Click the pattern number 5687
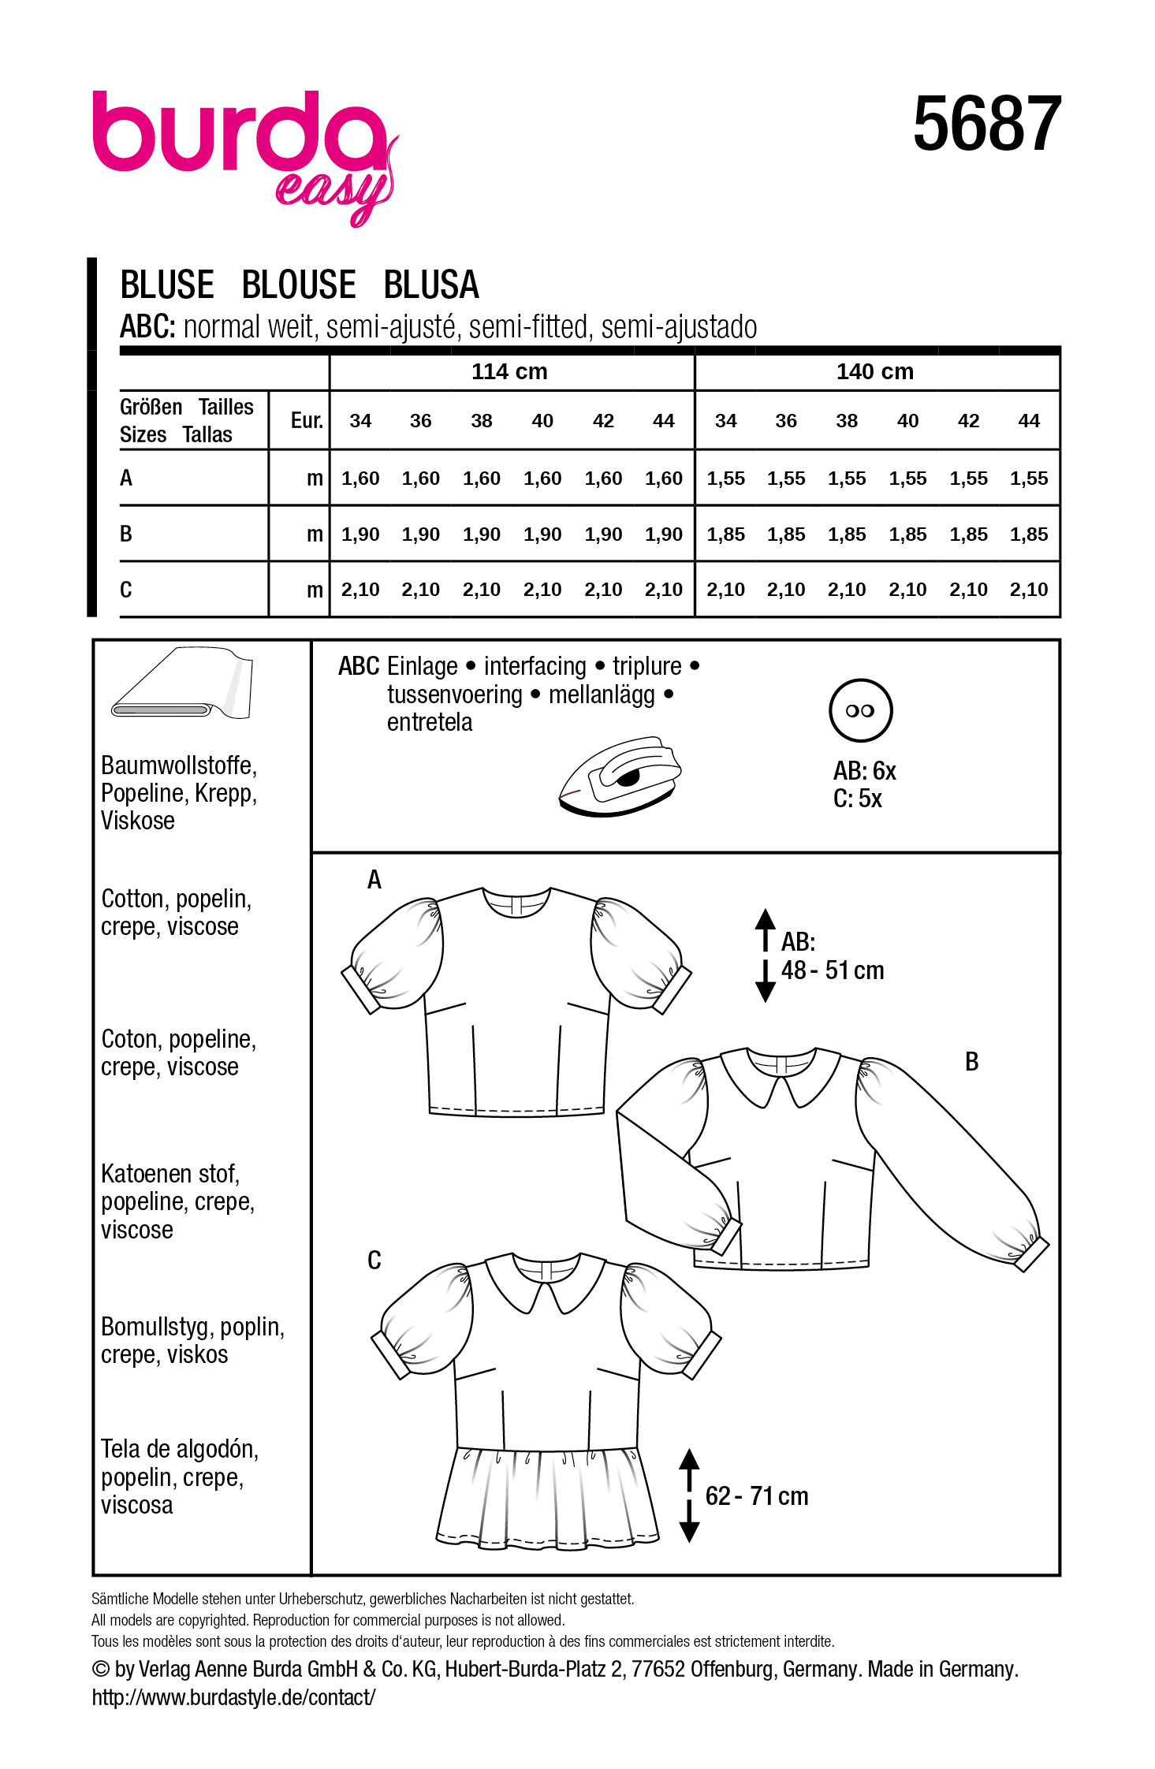(986, 124)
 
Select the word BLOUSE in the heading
(298, 285)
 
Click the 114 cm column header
(509, 371)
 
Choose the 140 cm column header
(874, 371)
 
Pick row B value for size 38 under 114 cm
(481, 534)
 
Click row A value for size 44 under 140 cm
(1028, 479)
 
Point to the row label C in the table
(126, 590)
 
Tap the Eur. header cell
(307, 420)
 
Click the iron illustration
(620, 776)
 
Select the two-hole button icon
(860, 710)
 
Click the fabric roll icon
(183, 684)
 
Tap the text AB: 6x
(864, 771)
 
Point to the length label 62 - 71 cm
(757, 1495)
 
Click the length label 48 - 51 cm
(833, 970)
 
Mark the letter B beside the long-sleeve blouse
(971, 1062)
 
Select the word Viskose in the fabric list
(138, 821)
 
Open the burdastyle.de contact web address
(233, 1697)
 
